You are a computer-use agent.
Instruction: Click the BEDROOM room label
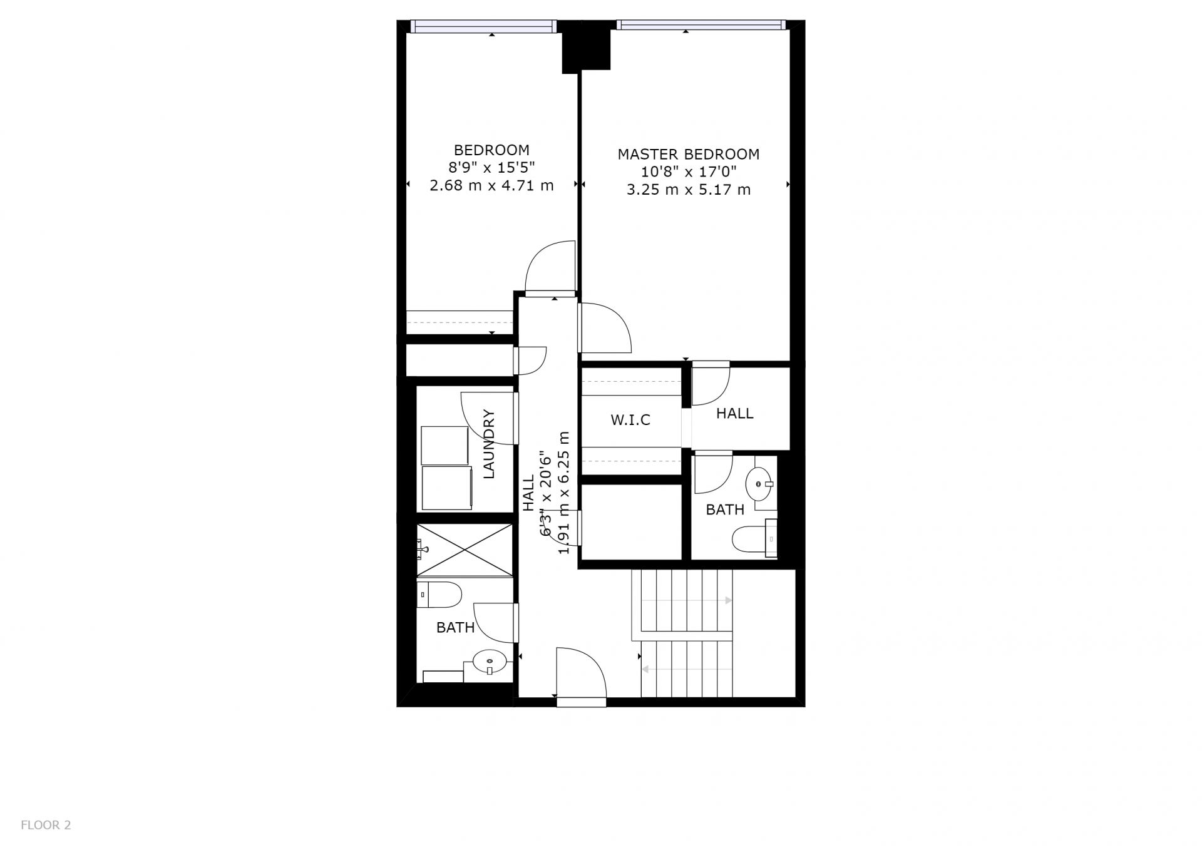pyautogui.click(x=491, y=150)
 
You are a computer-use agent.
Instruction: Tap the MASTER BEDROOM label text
pyautogui.click(x=689, y=155)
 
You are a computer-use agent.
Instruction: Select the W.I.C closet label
pyautogui.click(x=630, y=420)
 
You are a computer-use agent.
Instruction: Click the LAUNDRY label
pyautogui.click(x=489, y=444)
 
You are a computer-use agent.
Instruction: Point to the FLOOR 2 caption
pyautogui.click(x=46, y=826)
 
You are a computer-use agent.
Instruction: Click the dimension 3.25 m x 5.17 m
pyautogui.click(x=689, y=190)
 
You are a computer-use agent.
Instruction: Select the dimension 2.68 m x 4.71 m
pyautogui.click(x=491, y=186)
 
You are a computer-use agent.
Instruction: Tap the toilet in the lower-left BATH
pyautogui.click(x=439, y=595)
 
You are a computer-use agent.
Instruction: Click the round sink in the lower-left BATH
pyautogui.click(x=490, y=661)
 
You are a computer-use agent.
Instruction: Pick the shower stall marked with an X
pyautogui.click(x=465, y=550)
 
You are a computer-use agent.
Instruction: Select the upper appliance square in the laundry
pyautogui.click(x=444, y=445)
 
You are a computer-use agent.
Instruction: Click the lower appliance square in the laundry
pyautogui.click(x=446, y=488)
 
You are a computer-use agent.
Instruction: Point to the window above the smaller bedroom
pyautogui.click(x=483, y=26)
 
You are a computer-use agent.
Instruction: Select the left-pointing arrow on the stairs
pyautogui.click(x=687, y=670)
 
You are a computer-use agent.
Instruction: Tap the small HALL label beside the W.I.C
pyautogui.click(x=735, y=414)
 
